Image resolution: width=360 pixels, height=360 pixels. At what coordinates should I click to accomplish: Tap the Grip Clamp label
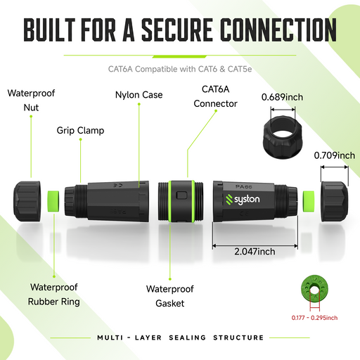[x=80, y=131]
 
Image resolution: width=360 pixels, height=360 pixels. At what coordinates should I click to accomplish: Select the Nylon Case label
[x=139, y=95]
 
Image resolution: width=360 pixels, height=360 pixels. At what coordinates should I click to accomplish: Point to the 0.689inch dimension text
[x=282, y=97]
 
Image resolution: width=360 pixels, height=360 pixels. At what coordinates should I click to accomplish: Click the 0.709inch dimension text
[x=335, y=155]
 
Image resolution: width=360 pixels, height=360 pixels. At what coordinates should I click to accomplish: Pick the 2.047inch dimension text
[x=255, y=252]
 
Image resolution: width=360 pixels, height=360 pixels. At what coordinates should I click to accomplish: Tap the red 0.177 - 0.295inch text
[x=314, y=318]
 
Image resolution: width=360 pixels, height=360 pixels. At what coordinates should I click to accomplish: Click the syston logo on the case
[x=243, y=200]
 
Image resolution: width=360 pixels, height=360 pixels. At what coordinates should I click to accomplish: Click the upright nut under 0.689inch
[x=283, y=137]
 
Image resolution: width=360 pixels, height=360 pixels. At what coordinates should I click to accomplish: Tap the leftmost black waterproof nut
[x=27, y=201]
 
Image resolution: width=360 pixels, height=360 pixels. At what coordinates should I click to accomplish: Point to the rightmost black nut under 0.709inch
[x=335, y=202]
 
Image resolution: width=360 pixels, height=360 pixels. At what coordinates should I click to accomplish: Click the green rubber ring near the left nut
[x=53, y=201]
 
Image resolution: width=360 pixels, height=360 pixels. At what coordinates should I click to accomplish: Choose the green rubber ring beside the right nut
[x=309, y=202]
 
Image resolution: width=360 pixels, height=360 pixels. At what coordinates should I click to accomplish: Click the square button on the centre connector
[x=181, y=195]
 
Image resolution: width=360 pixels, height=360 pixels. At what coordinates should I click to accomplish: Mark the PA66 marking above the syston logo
[x=243, y=187]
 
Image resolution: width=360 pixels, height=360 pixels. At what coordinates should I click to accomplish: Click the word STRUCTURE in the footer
[x=238, y=337]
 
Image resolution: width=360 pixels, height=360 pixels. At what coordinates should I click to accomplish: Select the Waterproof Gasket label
[x=170, y=296]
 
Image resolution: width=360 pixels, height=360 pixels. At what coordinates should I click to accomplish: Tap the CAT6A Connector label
[x=215, y=96]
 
